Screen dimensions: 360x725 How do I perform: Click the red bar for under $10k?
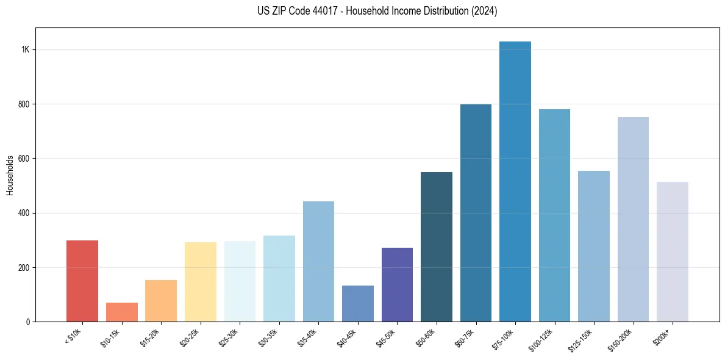(82, 281)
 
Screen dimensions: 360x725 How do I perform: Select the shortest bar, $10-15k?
(121, 312)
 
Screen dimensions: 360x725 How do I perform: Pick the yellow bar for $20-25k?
(200, 281)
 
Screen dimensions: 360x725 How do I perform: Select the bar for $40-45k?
(358, 303)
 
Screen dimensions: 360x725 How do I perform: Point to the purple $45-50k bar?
(397, 284)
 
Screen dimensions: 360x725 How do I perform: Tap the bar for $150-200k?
(633, 219)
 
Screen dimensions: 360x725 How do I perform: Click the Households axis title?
(10, 175)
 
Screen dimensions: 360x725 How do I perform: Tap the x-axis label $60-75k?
(464, 337)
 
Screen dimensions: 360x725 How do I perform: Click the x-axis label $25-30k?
(227, 337)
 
